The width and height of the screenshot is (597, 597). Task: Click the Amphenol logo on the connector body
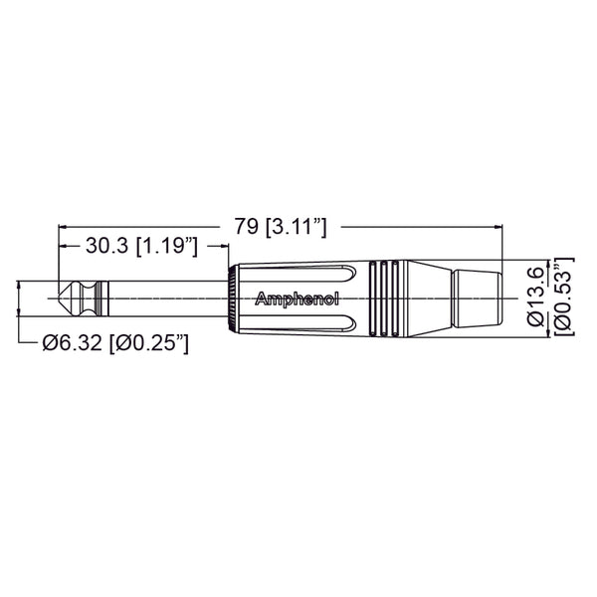pyautogui.click(x=298, y=298)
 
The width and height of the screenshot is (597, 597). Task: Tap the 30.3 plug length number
pyautogui.click(x=106, y=245)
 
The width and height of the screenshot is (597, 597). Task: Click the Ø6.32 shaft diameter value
pyautogui.click(x=74, y=343)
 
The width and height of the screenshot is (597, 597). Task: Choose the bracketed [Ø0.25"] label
pyautogui.click(x=148, y=343)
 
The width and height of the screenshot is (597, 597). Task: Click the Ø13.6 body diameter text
pyautogui.click(x=536, y=296)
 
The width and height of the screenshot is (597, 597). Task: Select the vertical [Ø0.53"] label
pyautogui.click(x=563, y=296)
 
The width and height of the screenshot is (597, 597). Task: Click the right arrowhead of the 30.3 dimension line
pyautogui.click(x=221, y=245)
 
